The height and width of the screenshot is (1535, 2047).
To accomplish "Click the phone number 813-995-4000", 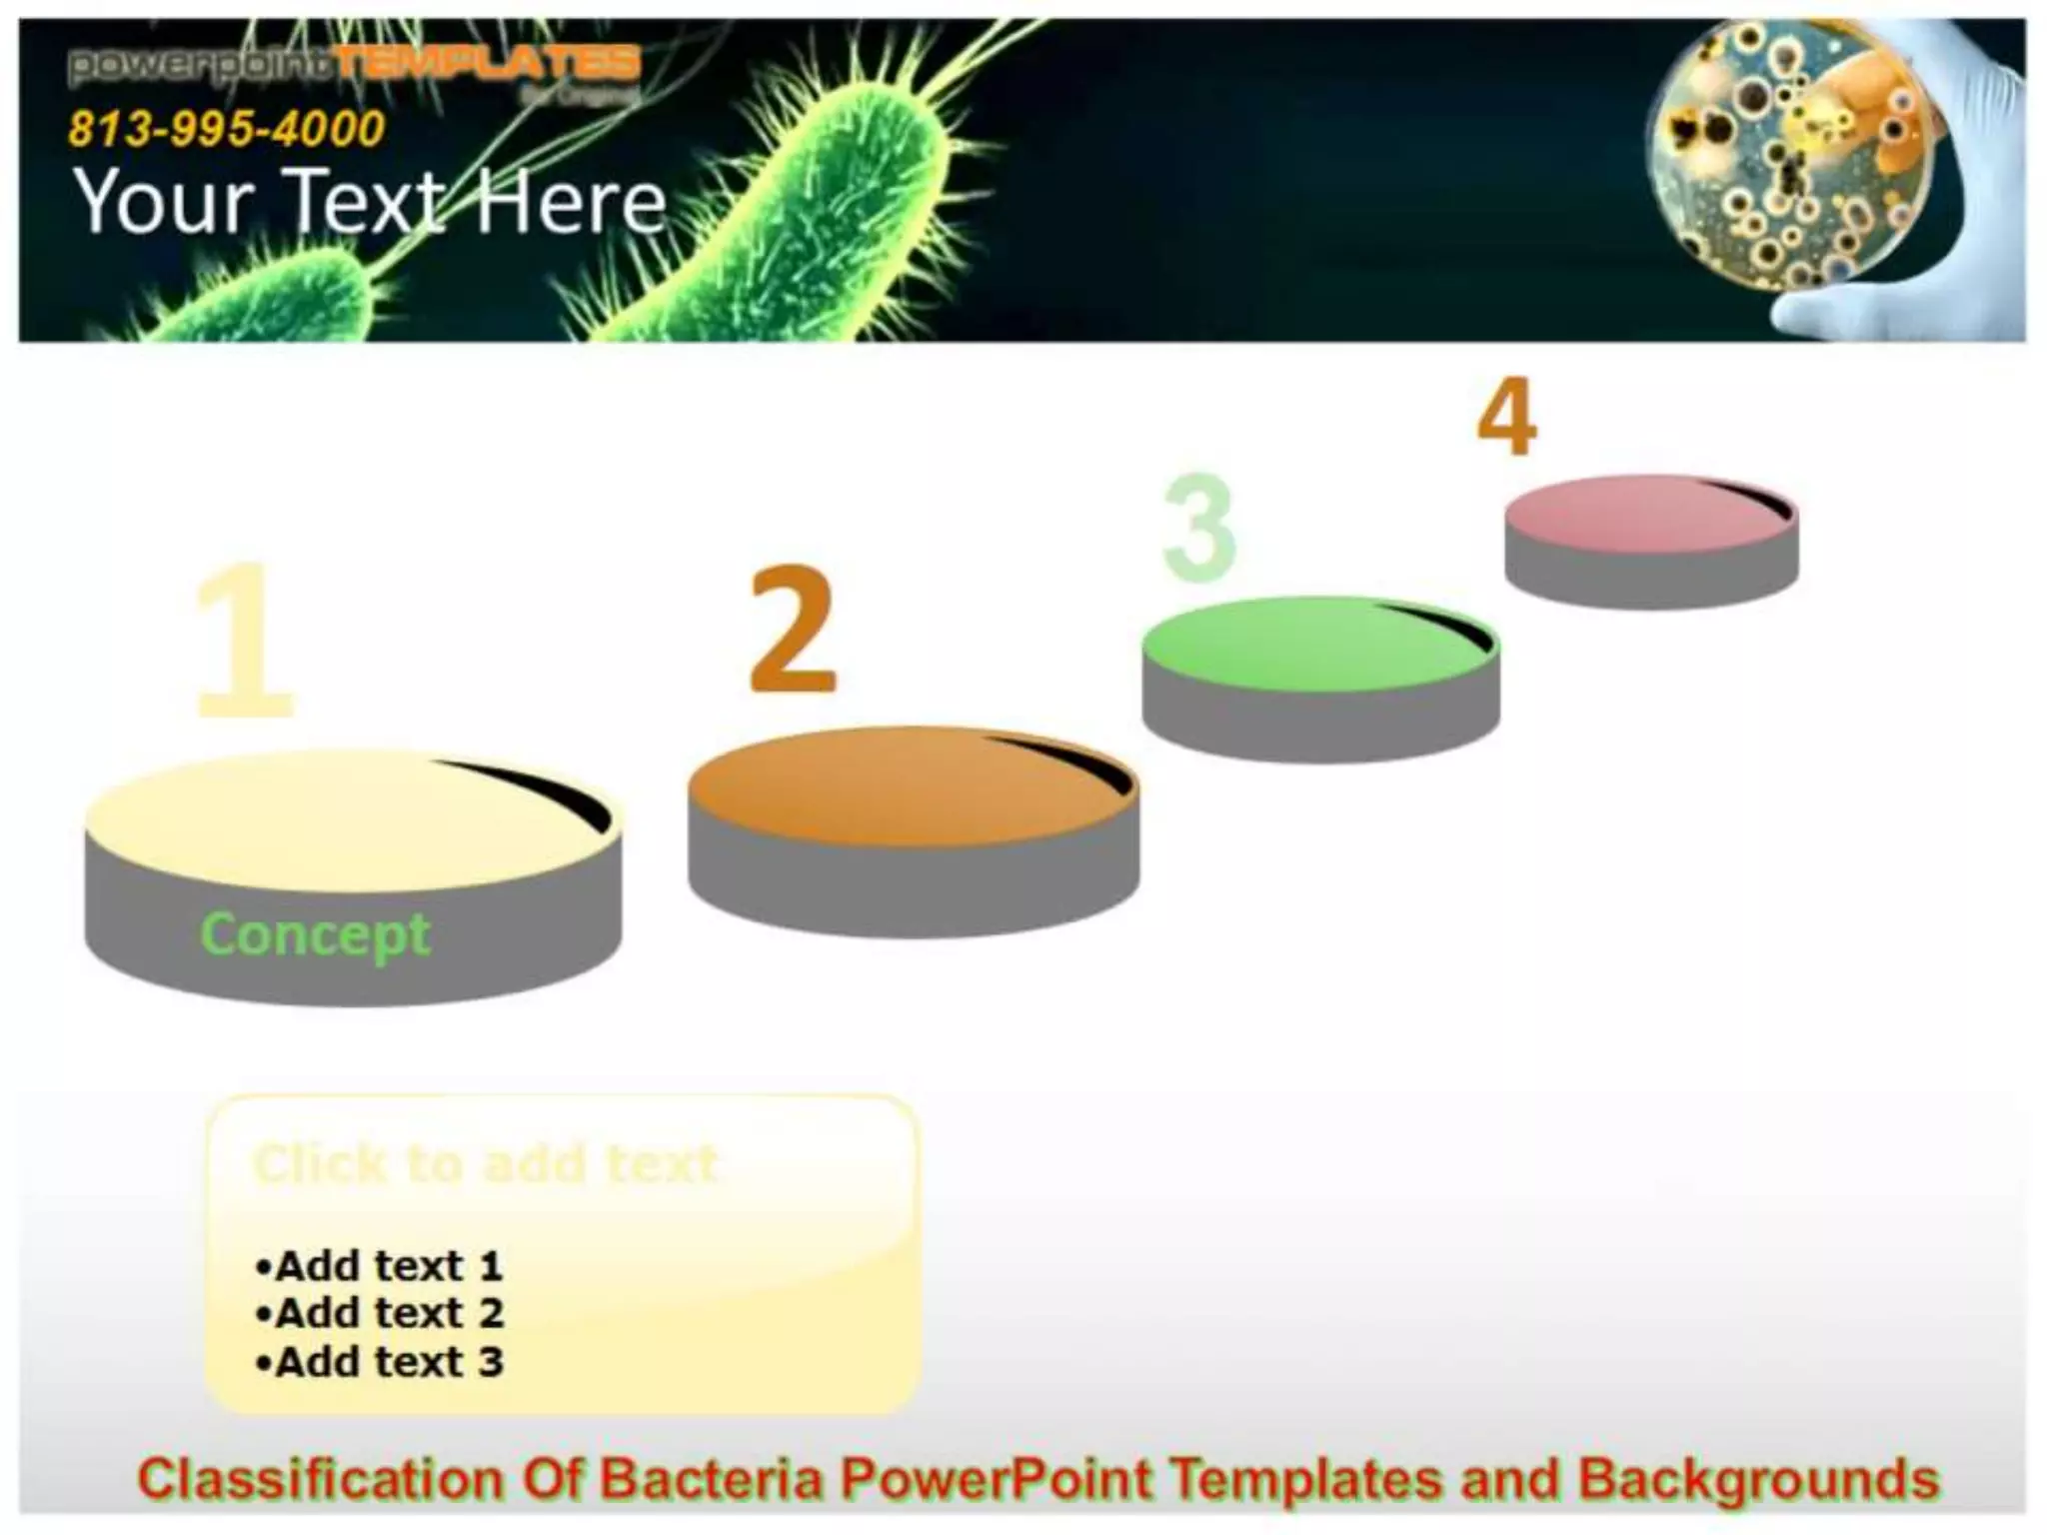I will (x=226, y=129).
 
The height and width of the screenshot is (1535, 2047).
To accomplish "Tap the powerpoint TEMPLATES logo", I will (x=354, y=65).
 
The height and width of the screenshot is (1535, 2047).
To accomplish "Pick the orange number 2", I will (x=792, y=630).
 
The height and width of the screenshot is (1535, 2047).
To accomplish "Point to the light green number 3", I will (x=1199, y=527).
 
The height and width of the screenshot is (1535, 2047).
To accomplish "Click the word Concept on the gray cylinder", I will (x=315, y=935).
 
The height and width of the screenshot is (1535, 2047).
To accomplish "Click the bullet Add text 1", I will (x=380, y=1266).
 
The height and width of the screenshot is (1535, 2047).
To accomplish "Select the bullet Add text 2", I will (x=380, y=1313).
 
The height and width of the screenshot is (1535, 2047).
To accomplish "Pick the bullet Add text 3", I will (x=380, y=1362).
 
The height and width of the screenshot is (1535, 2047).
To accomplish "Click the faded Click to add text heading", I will (x=486, y=1164).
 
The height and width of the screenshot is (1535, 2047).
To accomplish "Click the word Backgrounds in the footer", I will (x=1758, y=1479).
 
